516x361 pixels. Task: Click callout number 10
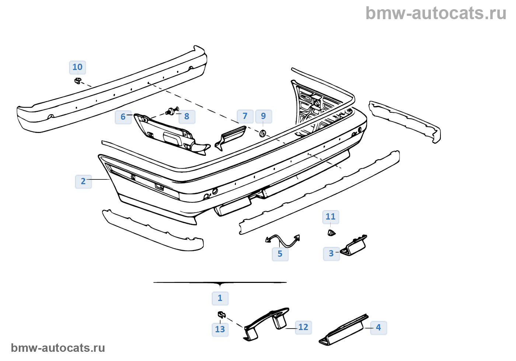click(77, 67)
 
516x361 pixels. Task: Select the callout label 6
click(123, 117)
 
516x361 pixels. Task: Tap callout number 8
click(187, 117)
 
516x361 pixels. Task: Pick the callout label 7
click(245, 116)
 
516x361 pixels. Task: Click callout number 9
click(263, 116)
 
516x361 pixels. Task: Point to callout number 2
click(83, 181)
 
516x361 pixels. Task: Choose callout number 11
click(331, 217)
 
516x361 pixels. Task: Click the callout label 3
click(331, 254)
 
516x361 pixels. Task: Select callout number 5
click(280, 254)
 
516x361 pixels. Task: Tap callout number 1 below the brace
click(220, 298)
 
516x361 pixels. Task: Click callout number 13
click(220, 329)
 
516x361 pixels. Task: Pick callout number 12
click(303, 327)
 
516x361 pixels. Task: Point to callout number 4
click(378, 327)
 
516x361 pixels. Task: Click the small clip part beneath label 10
click(78, 80)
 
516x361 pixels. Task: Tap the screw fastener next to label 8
click(172, 111)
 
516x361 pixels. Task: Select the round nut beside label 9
click(263, 133)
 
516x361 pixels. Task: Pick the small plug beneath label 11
click(331, 232)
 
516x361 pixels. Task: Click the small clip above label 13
click(221, 315)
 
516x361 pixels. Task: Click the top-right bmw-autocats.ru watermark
click(436, 14)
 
